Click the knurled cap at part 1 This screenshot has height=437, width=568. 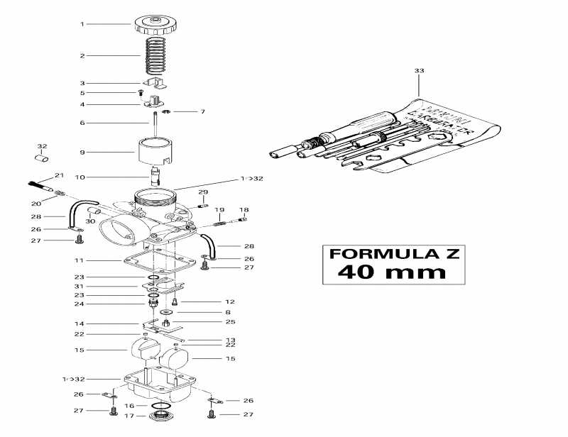point(155,26)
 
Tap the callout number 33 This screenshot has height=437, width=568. point(419,71)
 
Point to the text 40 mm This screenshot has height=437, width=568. point(391,271)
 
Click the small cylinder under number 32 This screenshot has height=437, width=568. point(42,157)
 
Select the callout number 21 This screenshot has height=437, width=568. point(60,175)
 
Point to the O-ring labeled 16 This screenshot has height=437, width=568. point(161,405)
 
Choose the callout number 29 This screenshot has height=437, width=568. point(203,192)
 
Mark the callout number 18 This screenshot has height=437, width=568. point(244,210)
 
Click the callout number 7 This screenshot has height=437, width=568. point(202,112)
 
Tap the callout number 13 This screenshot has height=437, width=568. point(230,341)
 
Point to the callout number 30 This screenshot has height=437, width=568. point(90,222)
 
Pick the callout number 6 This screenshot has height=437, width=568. point(82,123)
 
